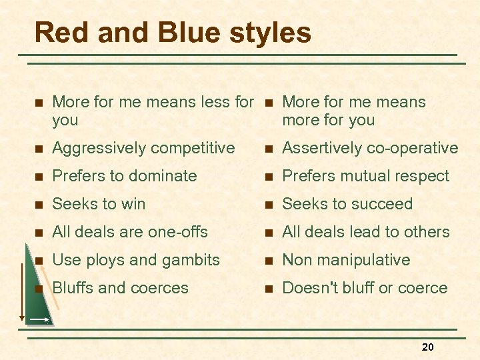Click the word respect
pos(423,177)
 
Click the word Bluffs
pos(73,288)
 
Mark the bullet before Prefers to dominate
pos(39,177)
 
